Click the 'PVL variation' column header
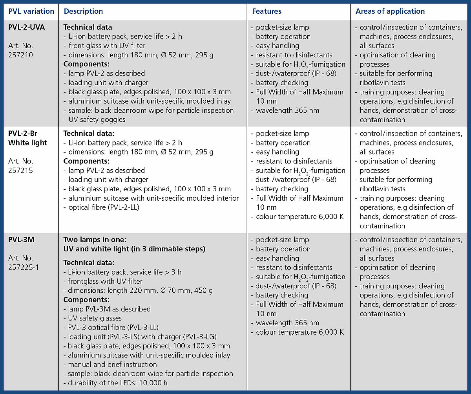31,11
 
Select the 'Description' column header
83,11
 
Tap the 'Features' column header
267,11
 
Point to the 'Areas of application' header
390,11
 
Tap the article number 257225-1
24,267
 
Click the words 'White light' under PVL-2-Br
27,143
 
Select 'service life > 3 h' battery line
122,272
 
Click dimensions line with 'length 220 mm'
138,291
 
